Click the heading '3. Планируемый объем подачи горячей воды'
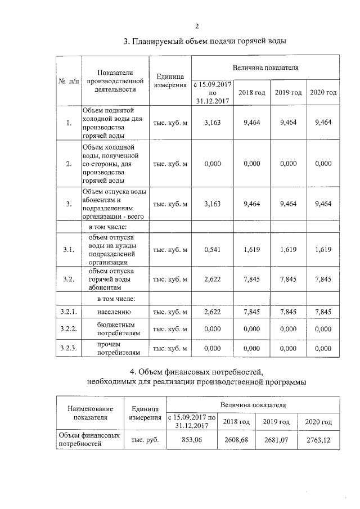point(205,42)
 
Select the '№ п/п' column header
point(69,81)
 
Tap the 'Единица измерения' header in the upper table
point(170,81)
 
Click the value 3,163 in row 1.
point(212,122)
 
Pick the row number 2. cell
point(69,164)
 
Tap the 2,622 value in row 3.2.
point(212,279)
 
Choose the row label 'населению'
point(114,311)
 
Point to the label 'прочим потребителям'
point(114,348)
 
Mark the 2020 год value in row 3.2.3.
point(323,349)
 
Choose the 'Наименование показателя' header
point(90,413)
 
